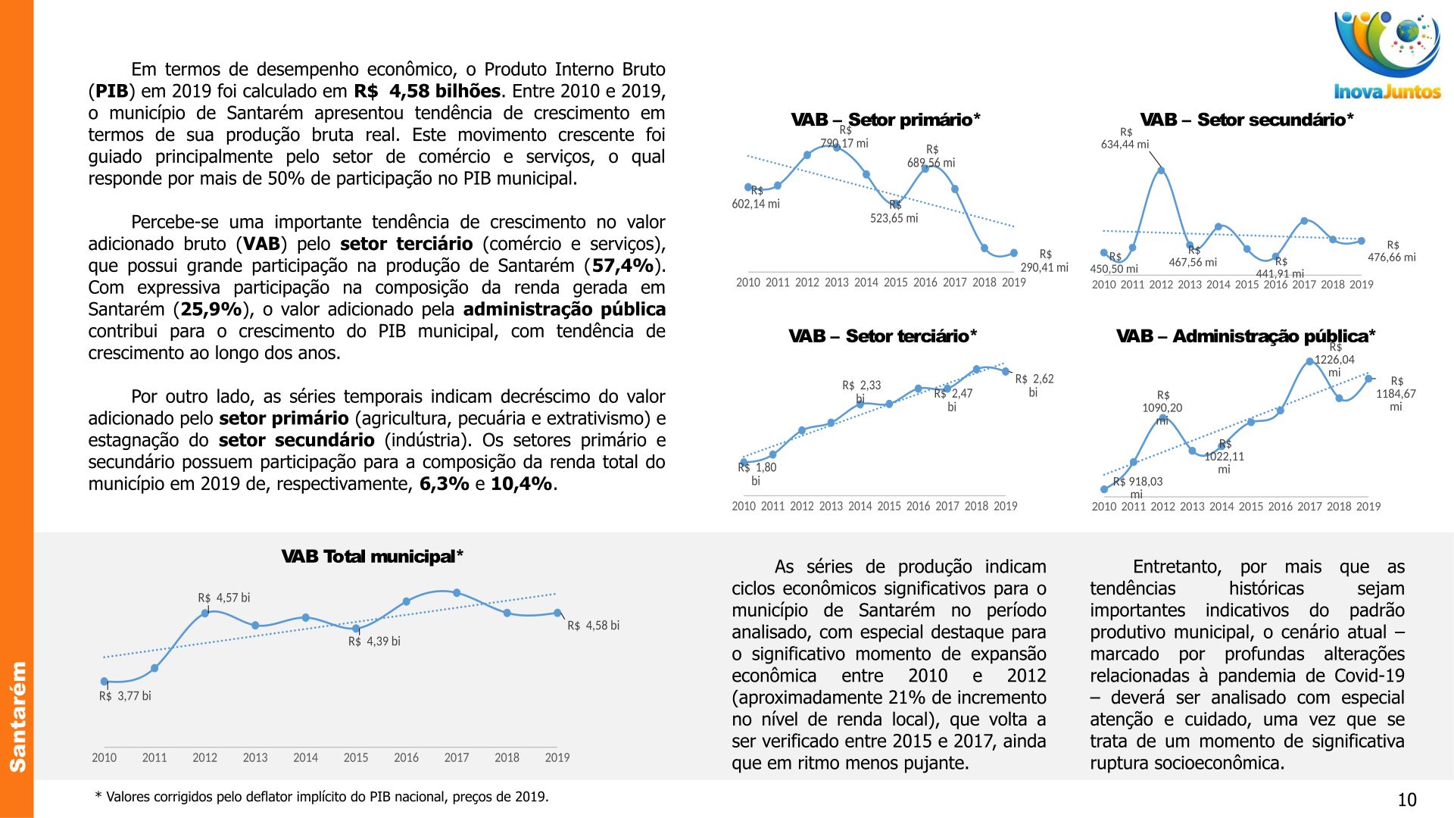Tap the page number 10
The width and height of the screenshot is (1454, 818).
coord(1406,800)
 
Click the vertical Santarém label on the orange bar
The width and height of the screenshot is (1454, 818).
coord(17,716)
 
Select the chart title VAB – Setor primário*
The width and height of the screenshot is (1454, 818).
coord(885,120)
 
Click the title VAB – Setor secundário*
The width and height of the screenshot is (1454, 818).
coord(1247,120)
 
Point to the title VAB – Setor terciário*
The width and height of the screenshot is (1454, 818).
coord(882,336)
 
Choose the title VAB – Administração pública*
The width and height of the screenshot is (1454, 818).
coord(1246,336)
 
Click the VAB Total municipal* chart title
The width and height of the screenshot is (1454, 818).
coord(372,557)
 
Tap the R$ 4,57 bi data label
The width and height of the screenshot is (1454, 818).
coord(224,598)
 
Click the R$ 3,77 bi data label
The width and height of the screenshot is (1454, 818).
coord(125,696)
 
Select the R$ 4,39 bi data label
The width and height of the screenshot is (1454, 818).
coord(374,642)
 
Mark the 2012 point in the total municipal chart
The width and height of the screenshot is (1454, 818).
coord(204,613)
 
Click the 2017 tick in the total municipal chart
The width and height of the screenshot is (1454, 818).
coord(457,757)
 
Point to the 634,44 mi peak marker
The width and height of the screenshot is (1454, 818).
coord(1161,170)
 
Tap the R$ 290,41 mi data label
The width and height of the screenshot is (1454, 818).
coord(1044,261)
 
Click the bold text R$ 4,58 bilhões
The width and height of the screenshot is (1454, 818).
coord(427,92)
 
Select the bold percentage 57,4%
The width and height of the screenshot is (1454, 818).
coord(622,266)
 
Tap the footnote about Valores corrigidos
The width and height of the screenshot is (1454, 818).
coord(322,797)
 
